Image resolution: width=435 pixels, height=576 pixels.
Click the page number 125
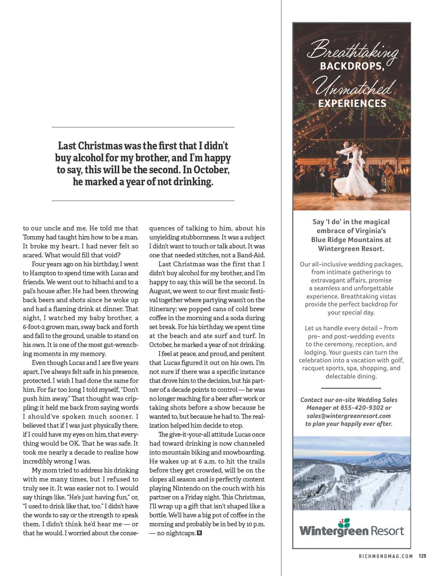[422, 556]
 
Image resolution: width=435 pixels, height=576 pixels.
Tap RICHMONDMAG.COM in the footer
[386, 556]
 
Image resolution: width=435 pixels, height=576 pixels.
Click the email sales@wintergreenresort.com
[349, 416]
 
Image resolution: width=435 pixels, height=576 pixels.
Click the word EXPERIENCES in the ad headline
[352, 103]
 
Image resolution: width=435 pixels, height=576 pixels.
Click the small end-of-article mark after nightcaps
[199, 533]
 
